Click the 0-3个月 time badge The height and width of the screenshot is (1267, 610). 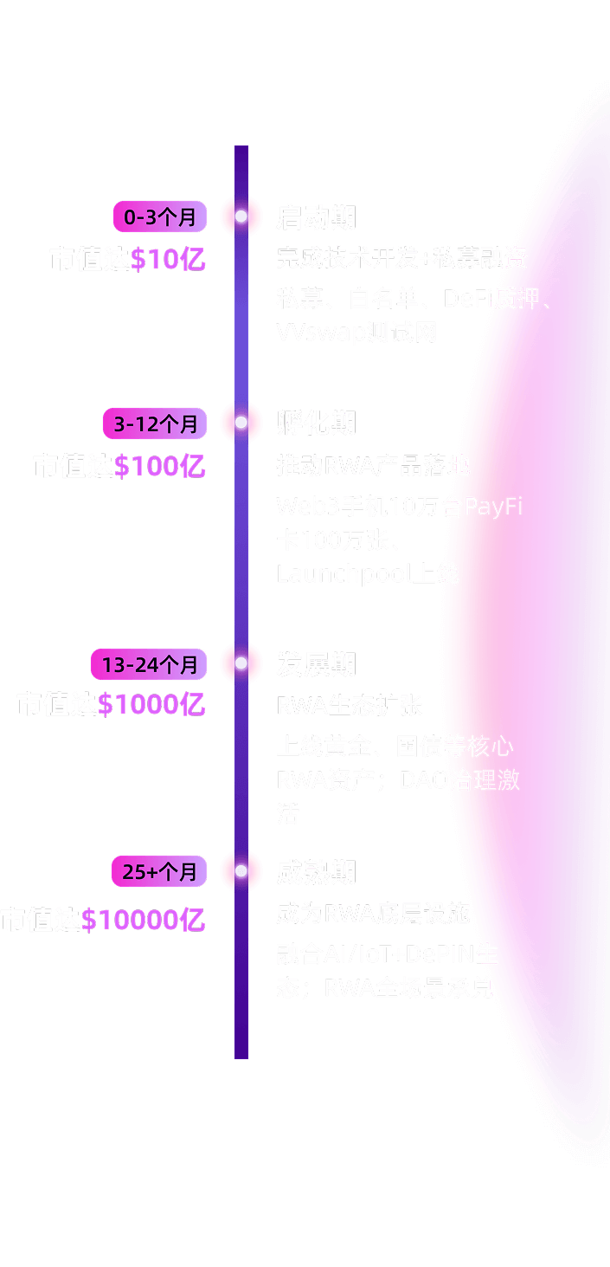coord(160,217)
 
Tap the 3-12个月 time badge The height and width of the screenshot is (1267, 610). coord(155,423)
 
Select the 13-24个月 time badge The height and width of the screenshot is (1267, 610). coord(149,664)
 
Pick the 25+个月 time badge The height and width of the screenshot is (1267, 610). coord(159,871)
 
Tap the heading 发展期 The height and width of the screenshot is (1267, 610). coord(316,664)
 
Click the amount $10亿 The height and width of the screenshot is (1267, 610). coord(168,259)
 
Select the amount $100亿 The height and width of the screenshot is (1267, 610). coord(160,466)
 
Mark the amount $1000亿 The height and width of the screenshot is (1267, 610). coord(151,705)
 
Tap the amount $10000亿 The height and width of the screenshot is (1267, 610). coord(144,920)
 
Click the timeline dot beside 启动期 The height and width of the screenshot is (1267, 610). coord(241,217)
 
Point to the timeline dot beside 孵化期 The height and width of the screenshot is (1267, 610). coord(241,423)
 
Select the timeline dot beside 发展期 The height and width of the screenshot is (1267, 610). coord(241,663)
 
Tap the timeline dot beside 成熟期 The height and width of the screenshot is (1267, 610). coord(241,871)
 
